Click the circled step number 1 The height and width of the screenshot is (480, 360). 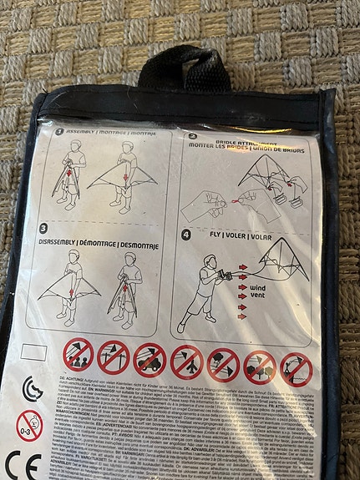[x=59, y=131]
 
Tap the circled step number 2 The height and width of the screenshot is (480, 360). [x=192, y=134]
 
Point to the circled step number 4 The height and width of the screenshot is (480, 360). [x=186, y=235]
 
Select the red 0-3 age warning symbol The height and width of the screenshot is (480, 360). [x=29, y=425]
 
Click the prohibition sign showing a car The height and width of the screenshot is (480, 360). [x=150, y=360]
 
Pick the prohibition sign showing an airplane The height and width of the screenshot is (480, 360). [x=186, y=361]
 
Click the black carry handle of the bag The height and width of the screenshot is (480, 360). [x=182, y=67]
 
